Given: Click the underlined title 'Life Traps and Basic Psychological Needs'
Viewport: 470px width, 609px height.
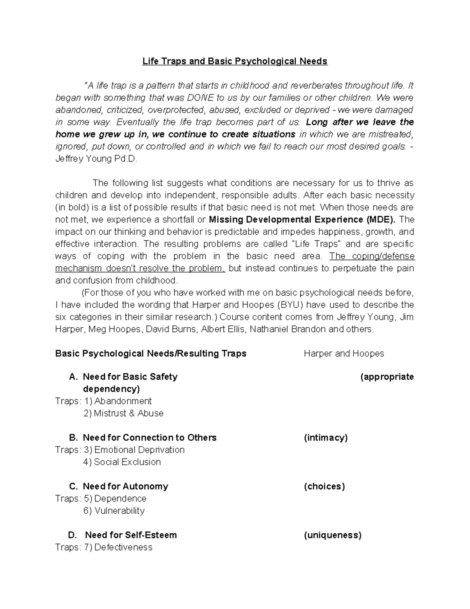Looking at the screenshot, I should point(235,61).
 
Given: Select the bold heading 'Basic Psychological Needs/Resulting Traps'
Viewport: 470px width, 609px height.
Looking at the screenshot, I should point(151,354).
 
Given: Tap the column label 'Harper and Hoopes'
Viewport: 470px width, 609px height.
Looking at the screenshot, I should point(343,354).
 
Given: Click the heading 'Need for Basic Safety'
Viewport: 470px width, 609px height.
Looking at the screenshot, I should point(130,377).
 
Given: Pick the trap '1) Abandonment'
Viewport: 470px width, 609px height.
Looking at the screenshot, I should point(118,401).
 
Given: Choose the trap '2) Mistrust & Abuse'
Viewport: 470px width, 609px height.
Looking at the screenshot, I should point(123,413).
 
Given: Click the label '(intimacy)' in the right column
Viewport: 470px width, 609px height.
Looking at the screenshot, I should point(325,438).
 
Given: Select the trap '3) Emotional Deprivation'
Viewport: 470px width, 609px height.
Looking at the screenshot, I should point(134,450).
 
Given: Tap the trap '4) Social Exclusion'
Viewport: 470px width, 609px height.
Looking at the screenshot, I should point(122,462).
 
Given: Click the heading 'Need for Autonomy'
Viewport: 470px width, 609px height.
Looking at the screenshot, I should point(125,487).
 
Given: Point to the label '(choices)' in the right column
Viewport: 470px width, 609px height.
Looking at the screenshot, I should point(324,487).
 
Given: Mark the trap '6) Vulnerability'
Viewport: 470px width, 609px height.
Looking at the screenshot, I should point(114,511).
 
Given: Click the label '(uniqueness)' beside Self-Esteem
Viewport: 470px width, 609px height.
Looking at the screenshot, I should point(333,535).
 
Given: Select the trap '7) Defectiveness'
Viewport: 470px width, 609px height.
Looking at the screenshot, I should point(118,547).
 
